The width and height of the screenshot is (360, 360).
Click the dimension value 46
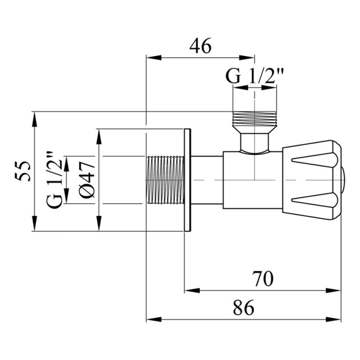pos(201,46)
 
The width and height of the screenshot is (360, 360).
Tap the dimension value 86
pos(243,308)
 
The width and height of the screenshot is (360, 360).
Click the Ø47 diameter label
pos(87,179)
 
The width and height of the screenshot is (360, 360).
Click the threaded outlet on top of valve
pos(254,119)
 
